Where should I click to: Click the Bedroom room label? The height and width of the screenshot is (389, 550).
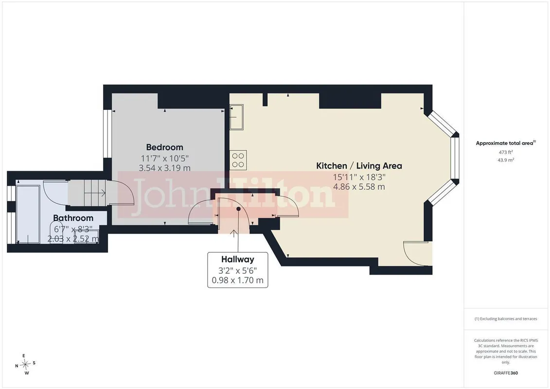pyautogui.click(x=164, y=147)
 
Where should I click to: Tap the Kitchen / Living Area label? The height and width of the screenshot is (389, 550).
pyautogui.click(x=359, y=166)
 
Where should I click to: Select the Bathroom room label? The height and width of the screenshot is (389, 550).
pyautogui.click(x=73, y=218)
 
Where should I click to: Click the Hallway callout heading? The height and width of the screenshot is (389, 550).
pyautogui.click(x=237, y=260)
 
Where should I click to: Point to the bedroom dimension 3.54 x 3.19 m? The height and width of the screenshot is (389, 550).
pyautogui.click(x=164, y=168)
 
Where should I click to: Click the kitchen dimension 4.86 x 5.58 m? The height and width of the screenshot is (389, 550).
pyautogui.click(x=359, y=187)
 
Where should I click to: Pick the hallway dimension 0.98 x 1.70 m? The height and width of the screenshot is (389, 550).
pyautogui.click(x=237, y=281)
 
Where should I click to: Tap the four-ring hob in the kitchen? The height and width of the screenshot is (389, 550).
pyautogui.click(x=238, y=159)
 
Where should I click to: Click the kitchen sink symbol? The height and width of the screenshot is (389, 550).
pyautogui.click(x=237, y=117)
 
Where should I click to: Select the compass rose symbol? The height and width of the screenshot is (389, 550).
pyautogui.click(x=25, y=365)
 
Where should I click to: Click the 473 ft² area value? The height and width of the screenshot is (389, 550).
pyautogui.click(x=506, y=152)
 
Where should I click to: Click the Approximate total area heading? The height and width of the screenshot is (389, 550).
pyautogui.click(x=506, y=143)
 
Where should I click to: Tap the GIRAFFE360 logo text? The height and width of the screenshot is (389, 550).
pyautogui.click(x=506, y=373)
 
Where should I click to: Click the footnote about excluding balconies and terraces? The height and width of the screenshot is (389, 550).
pyautogui.click(x=506, y=319)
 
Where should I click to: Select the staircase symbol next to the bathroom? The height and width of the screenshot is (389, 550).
pyautogui.click(x=88, y=193)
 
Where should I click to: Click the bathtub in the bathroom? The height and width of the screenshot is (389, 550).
pyautogui.click(x=28, y=214)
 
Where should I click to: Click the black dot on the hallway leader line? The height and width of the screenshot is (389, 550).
pyautogui.click(x=238, y=209)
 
